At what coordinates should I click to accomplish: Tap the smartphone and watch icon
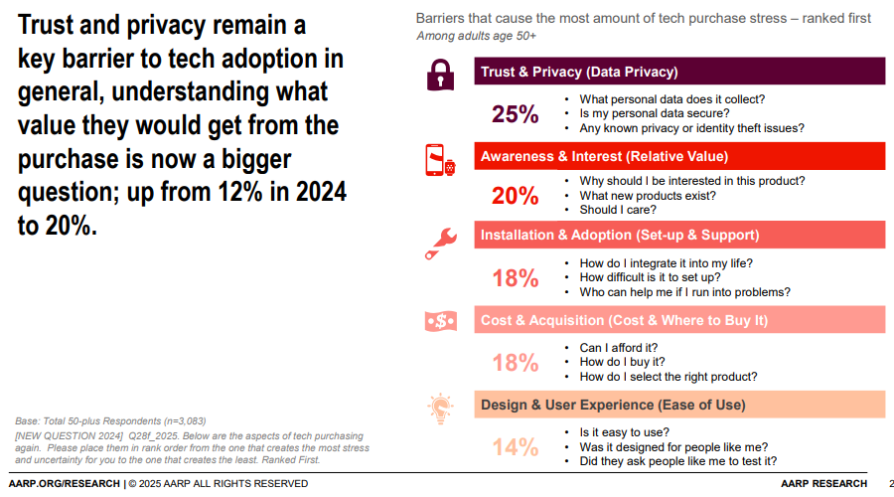pyautogui.click(x=439, y=159)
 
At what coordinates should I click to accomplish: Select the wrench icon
pyautogui.click(x=438, y=240)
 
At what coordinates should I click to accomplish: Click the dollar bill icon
pyautogui.click(x=439, y=321)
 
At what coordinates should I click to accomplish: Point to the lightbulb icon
pyautogui.click(x=439, y=407)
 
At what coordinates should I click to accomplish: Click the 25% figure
pyautogui.click(x=515, y=114)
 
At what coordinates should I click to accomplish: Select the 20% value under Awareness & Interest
pyautogui.click(x=515, y=196)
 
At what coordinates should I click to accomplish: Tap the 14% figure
pyautogui.click(x=515, y=447)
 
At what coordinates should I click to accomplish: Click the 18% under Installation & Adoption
pyautogui.click(x=515, y=278)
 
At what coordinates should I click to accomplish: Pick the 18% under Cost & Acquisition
pyautogui.click(x=515, y=363)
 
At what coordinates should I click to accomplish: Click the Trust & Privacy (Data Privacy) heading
pyautogui.click(x=579, y=72)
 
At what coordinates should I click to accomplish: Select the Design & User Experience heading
pyautogui.click(x=613, y=405)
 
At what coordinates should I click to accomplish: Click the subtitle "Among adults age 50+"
pyautogui.click(x=476, y=36)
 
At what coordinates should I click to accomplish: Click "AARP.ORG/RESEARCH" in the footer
pyautogui.click(x=62, y=484)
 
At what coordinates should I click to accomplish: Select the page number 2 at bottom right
pyautogui.click(x=889, y=484)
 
